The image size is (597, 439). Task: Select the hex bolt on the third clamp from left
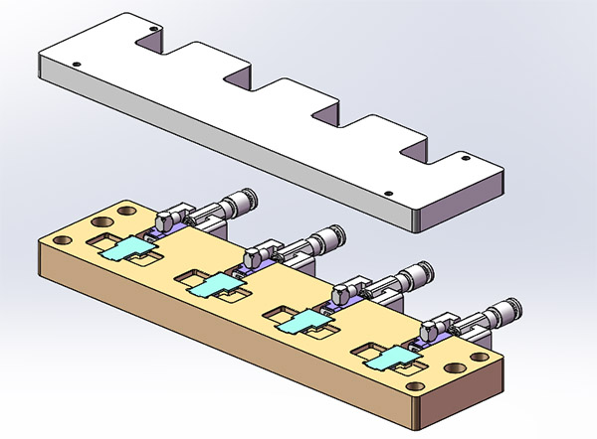(x=341, y=294)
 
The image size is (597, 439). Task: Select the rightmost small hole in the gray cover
(x=465, y=157)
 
